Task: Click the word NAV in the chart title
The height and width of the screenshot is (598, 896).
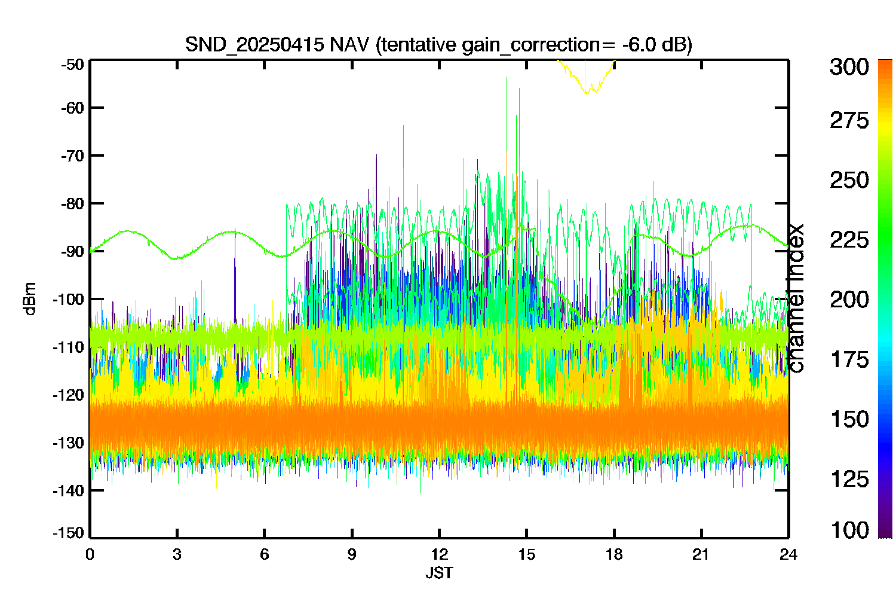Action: (349, 44)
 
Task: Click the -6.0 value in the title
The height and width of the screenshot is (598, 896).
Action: (639, 44)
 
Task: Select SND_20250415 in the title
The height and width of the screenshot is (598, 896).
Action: (254, 45)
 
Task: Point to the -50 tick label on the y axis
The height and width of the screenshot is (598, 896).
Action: (72, 65)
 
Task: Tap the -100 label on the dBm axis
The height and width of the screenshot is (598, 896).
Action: (68, 299)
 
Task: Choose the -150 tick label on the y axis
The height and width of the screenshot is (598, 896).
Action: (68, 533)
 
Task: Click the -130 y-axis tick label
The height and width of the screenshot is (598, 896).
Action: (68, 443)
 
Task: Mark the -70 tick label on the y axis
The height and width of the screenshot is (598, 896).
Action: (72, 156)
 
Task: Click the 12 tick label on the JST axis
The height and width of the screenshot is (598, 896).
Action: (439, 555)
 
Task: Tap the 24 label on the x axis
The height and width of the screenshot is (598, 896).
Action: (788, 555)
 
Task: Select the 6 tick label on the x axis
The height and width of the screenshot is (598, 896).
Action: (265, 555)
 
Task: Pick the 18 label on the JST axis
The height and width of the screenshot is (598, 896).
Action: (614, 555)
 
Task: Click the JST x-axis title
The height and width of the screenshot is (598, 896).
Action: (439, 573)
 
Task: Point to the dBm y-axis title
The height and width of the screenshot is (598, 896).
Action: (30, 299)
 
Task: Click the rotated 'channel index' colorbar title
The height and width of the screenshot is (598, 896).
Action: (796, 298)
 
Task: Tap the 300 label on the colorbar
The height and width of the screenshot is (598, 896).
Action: (849, 67)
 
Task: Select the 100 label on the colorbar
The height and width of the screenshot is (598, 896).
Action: (849, 530)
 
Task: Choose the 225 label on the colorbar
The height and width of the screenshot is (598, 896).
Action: (849, 240)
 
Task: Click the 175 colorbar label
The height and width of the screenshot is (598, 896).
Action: (849, 359)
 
